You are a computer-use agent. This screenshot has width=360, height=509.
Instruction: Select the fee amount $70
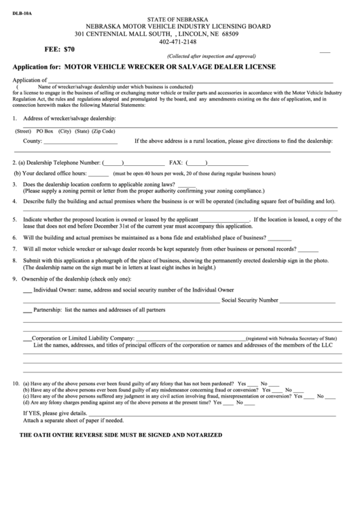70,50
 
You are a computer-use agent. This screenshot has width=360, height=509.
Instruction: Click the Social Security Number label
250,300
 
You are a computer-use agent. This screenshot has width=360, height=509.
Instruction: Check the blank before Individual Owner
27,291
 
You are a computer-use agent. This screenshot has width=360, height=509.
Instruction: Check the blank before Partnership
27,310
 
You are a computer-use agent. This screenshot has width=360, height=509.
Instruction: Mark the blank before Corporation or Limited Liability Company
27,338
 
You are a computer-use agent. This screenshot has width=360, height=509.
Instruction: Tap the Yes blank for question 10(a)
253,385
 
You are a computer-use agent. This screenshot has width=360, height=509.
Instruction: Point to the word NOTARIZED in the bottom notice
198,434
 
